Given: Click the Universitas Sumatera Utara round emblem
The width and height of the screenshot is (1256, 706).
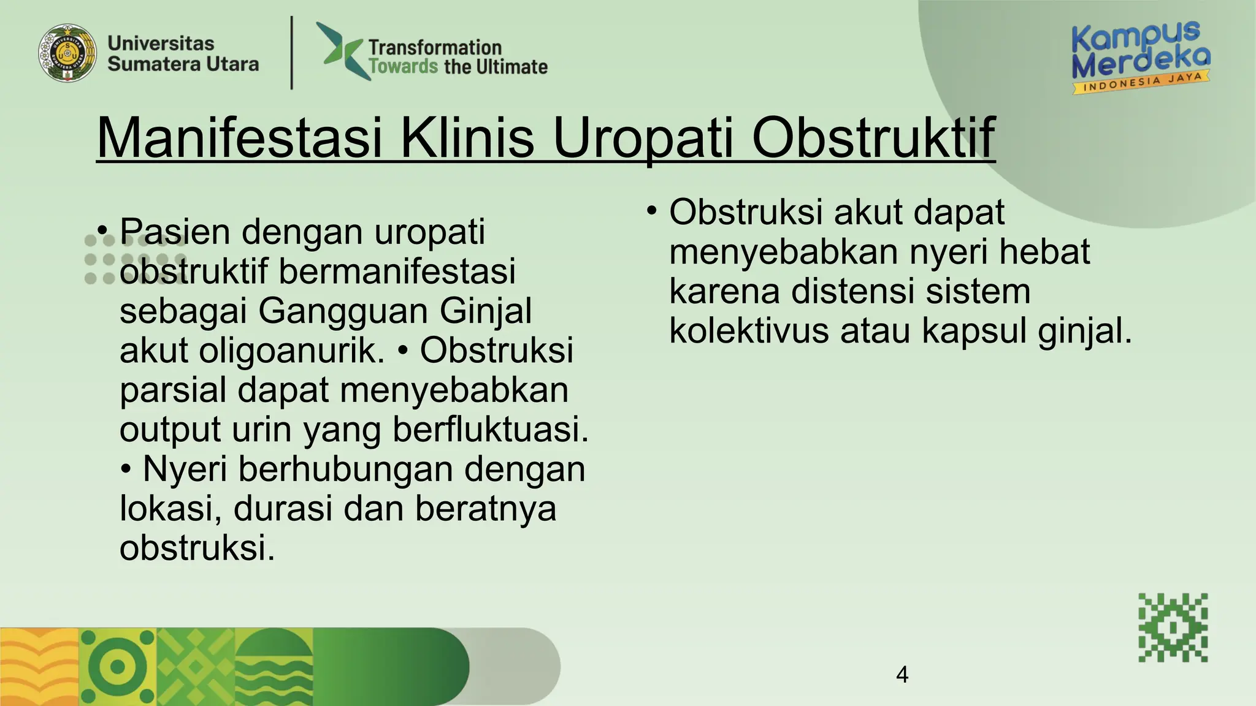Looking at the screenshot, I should tap(67, 53).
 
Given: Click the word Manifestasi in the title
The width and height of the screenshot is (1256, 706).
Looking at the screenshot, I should tap(239, 138).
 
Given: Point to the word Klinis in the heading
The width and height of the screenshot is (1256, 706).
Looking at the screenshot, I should tap(467, 138).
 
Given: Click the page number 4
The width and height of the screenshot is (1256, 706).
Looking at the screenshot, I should tap(902, 675).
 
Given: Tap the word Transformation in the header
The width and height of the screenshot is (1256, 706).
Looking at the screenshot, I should tap(434, 47).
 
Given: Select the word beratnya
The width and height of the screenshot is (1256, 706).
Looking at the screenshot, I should tap(486, 509).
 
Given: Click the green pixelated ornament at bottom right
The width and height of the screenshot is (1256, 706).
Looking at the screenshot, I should tap(1173, 628).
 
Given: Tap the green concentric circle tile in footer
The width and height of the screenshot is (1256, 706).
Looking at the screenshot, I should tap(118, 667).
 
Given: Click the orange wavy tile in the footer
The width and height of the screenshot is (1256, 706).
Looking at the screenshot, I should tap(39, 667).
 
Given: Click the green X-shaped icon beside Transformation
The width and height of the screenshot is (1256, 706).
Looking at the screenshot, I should tap(342, 50).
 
